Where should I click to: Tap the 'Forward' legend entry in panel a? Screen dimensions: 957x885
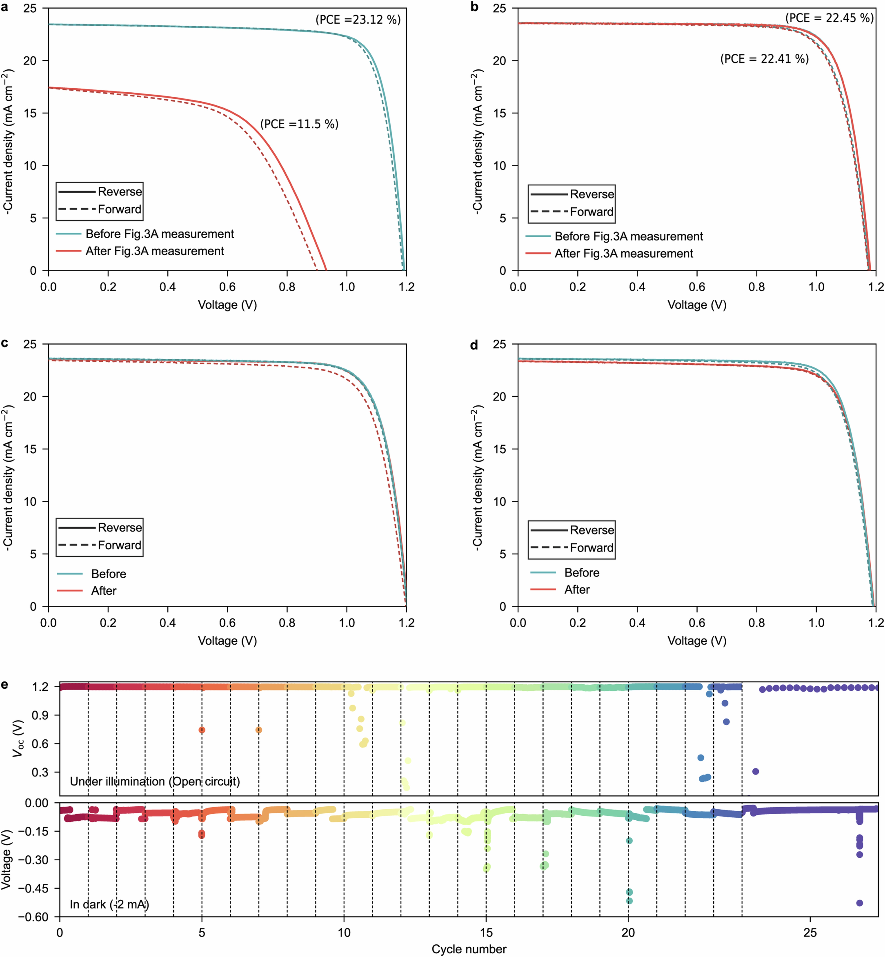pos(119,209)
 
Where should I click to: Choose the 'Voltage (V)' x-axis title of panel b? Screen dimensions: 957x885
pos(697,305)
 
